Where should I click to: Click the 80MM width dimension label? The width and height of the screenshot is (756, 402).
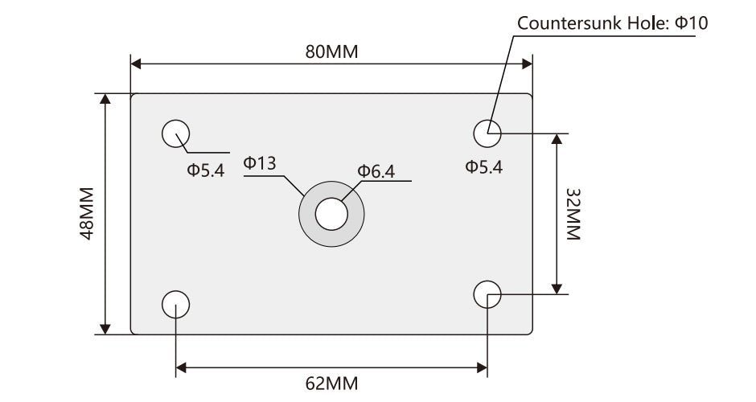point(331,51)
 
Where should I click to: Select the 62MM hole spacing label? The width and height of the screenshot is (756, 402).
point(331,383)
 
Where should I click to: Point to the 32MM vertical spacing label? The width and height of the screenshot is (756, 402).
point(572,213)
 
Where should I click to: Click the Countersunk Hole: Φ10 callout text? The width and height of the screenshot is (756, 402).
point(612,23)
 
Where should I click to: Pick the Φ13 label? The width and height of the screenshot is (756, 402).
point(260,163)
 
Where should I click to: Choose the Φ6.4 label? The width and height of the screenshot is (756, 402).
point(376,170)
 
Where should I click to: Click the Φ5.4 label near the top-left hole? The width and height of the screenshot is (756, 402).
point(206,170)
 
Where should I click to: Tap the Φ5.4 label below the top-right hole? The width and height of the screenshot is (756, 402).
point(484,167)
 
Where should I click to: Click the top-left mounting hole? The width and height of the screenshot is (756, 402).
point(175,133)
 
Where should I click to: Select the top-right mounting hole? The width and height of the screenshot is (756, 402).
point(487,133)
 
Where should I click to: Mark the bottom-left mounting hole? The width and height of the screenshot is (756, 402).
point(175,304)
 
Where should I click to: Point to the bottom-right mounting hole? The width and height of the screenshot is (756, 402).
point(487,293)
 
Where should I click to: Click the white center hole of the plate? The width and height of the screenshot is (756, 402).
point(331,215)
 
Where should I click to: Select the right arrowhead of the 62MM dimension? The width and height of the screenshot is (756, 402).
point(482,368)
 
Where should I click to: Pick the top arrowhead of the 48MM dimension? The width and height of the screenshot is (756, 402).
point(105,99)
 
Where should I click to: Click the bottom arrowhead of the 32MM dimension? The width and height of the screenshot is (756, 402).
point(555,287)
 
